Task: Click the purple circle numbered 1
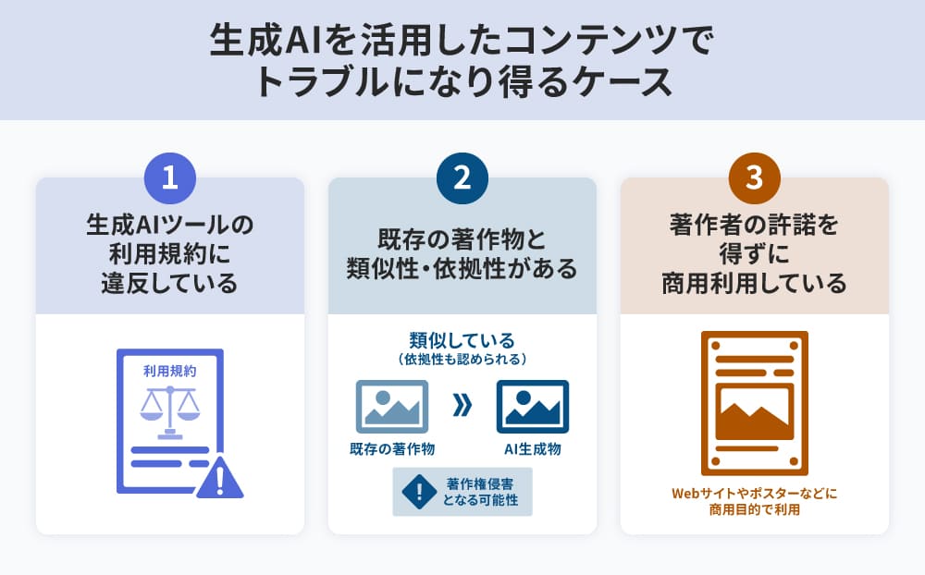(170, 178)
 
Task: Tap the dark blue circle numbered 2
(462, 178)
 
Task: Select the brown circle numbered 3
(755, 178)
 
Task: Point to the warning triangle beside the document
(219, 477)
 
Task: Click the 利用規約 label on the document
(170, 371)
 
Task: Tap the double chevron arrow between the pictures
(462, 405)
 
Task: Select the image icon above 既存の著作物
(392, 407)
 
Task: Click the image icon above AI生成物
(533, 407)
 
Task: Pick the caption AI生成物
(533, 449)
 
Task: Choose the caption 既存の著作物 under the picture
(392, 449)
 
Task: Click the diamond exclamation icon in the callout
(419, 492)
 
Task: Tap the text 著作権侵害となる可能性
(480, 492)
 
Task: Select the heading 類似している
(462, 340)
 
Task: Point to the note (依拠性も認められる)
(462, 359)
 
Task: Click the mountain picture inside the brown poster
(755, 412)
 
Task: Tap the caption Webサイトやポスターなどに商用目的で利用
(755, 501)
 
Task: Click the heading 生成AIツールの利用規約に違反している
(170, 254)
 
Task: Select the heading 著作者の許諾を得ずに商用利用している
(755, 254)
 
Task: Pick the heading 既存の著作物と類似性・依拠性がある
(462, 254)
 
